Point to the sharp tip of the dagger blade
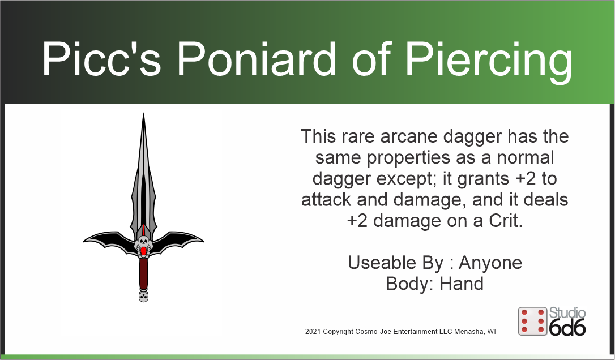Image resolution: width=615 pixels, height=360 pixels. [x=144, y=115]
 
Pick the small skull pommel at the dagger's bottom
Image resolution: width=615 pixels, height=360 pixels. [x=143, y=296]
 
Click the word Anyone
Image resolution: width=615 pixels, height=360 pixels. [x=490, y=263]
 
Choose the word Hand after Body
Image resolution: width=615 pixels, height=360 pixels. [x=462, y=283]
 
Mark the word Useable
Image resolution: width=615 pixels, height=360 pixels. [x=383, y=263]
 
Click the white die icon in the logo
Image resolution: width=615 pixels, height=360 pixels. [x=532, y=322]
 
